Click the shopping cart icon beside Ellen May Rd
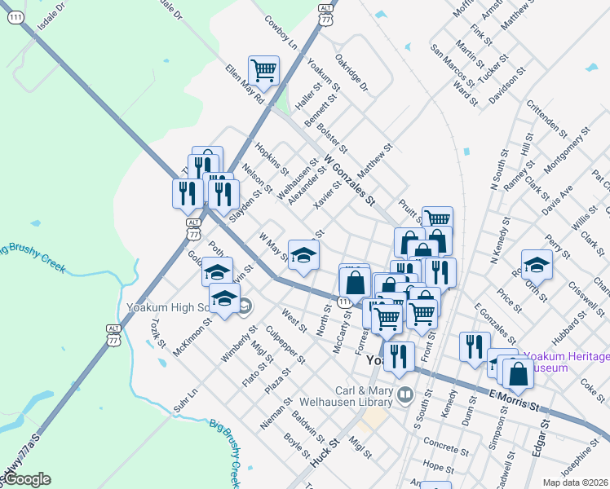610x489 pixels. [264, 71]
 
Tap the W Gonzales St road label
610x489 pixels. [349, 179]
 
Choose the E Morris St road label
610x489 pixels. [515, 399]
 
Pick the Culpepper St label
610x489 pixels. [286, 344]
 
